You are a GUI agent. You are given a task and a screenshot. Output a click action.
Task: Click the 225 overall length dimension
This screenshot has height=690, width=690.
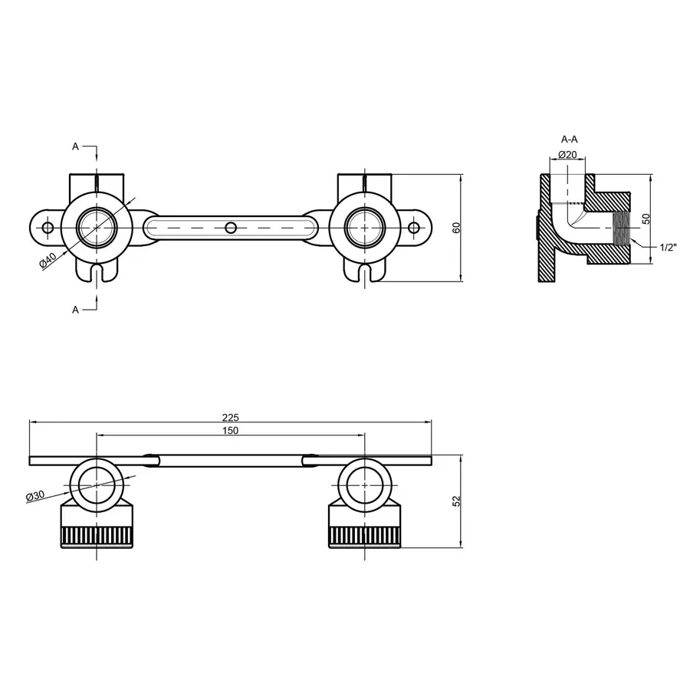[231, 417]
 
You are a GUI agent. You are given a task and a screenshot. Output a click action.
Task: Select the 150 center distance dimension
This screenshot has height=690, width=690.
[231, 431]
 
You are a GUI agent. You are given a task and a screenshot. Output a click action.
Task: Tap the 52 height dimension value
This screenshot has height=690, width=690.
[457, 501]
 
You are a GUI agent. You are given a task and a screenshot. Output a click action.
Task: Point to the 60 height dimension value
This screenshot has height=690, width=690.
[457, 228]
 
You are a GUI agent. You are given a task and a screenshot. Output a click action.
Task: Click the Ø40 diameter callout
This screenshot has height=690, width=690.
[48, 261]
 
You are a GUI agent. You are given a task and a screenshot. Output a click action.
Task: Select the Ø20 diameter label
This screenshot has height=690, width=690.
[567, 154]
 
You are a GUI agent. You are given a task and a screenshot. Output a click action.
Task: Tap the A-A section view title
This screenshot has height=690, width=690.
[569, 140]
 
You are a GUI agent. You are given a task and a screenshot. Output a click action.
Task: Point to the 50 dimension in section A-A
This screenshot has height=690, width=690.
[646, 219]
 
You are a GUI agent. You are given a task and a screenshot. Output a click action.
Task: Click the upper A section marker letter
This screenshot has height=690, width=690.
[75, 146]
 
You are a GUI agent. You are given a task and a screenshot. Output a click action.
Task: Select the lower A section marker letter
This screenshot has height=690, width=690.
[75, 309]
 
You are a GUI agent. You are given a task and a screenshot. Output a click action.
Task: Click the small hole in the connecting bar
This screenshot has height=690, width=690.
[230, 228]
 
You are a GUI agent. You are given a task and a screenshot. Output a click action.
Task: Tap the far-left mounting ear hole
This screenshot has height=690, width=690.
[48, 228]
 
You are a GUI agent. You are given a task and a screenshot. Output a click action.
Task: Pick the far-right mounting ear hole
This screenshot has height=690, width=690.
[414, 228]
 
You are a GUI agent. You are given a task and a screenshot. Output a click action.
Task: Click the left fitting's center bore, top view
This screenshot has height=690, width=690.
[97, 228]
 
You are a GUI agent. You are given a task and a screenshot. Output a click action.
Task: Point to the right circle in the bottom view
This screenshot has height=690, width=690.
[365, 485]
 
